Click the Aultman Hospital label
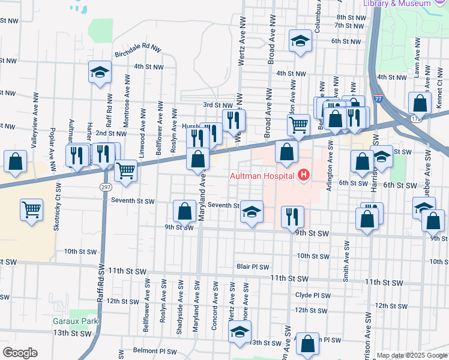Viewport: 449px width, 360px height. [x=262, y=175]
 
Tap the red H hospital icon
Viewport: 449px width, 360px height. [x=304, y=175]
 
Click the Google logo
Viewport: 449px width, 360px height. [x=19, y=353]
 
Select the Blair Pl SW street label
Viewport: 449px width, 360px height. [x=252, y=266]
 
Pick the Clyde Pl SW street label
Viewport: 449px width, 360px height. [x=313, y=295]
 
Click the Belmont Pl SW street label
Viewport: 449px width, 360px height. [x=155, y=351]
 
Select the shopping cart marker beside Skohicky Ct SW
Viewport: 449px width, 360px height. [x=32, y=209]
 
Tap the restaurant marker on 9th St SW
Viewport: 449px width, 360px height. [x=292, y=217]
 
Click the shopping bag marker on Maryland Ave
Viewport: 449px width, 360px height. [x=197, y=159]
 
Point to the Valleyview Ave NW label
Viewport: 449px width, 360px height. [x=35, y=120]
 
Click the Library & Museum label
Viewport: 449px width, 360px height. [x=397, y=4]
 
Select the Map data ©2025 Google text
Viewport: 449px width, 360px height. [x=412, y=355]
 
